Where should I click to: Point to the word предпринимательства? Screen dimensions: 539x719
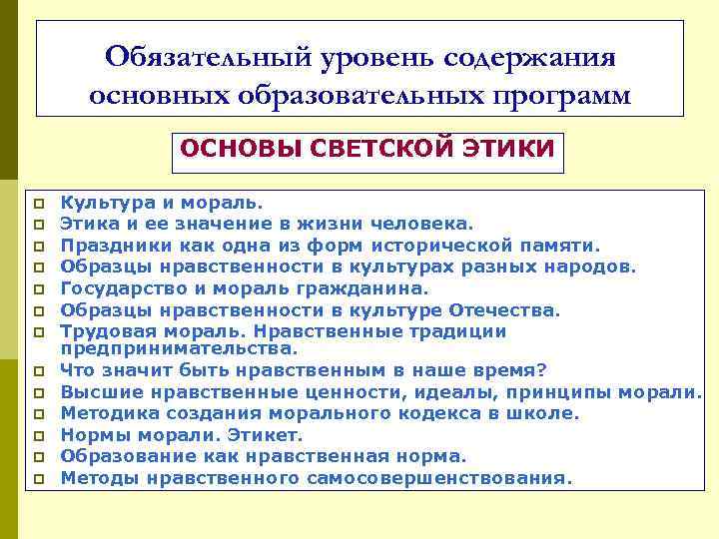click(x=179, y=348)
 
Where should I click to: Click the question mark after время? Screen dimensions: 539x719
click(x=542, y=369)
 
